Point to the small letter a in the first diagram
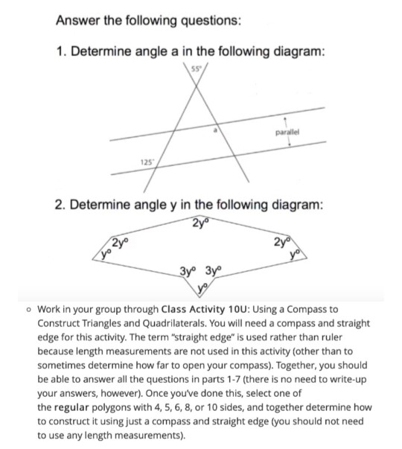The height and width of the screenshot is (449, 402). point(217,130)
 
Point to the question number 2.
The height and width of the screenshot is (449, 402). point(61,199)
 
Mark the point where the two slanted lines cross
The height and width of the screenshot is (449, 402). point(199,92)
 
